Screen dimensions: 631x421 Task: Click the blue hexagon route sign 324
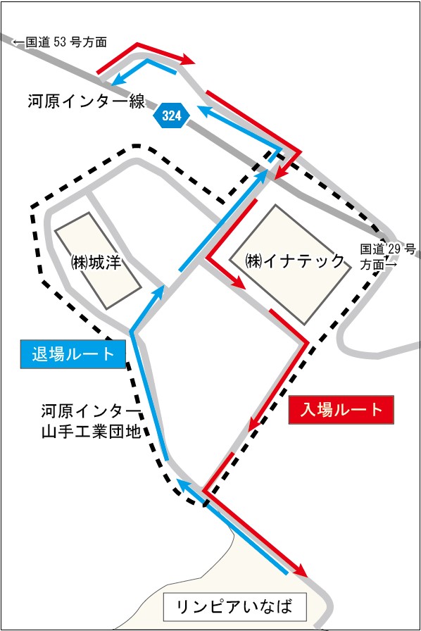tap(172, 116)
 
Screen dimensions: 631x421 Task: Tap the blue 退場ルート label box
tap(73, 354)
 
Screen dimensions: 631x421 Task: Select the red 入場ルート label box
tap(341, 410)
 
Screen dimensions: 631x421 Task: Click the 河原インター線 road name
tap(87, 101)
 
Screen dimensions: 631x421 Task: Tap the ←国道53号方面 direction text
tap(60, 42)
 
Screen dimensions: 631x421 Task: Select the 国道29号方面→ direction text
tap(389, 257)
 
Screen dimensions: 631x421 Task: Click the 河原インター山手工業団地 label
tap(92, 420)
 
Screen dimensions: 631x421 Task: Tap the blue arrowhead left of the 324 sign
tap(120, 78)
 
